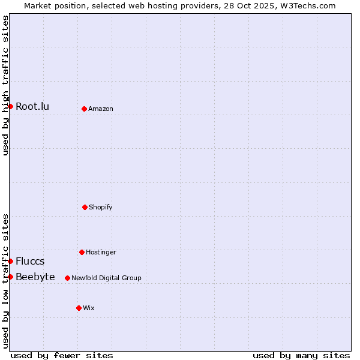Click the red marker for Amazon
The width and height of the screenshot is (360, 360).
click(x=84, y=109)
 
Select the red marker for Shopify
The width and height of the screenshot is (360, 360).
click(x=85, y=207)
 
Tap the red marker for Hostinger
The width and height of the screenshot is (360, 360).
click(x=82, y=252)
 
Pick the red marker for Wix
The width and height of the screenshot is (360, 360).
click(x=79, y=308)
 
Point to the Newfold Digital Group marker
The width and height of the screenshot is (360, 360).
click(x=67, y=278)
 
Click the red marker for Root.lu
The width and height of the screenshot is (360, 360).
click(x=10, y=106)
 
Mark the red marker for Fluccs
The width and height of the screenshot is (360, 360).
click(x=10, y=261)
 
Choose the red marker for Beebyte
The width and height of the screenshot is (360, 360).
click(x=10, y=277)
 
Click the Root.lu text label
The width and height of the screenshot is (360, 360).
click(x=32, y=107)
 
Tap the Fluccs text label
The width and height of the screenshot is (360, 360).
click(x=30, y=262)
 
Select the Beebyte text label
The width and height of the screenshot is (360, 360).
click(x=35, y=277)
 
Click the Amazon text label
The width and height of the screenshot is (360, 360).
click(x=101, y=109)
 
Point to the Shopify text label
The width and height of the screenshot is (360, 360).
click(x=101, y=208)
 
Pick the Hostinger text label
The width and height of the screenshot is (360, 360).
click(x=101, y=253)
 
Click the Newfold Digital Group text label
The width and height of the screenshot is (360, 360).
click(x=106, y=278)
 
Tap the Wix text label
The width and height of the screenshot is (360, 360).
click(x=89, y=308)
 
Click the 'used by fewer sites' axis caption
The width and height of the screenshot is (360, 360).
click(x=62, y=355)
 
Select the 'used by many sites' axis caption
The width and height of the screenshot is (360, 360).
click(x=301, y=355)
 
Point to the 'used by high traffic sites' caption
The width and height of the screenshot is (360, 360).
click(x=5, y=85)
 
